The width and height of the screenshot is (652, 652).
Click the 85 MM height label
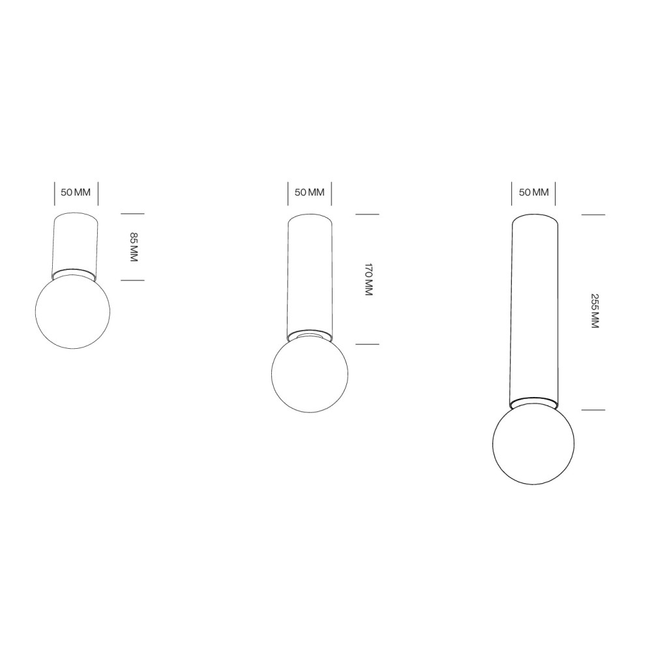134,247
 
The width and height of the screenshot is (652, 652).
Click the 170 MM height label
368,279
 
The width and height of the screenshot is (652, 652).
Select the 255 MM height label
595,311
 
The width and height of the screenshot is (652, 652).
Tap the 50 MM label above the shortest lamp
76,192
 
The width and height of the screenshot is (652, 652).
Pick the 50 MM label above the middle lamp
309,192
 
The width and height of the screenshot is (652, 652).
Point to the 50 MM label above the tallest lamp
534,192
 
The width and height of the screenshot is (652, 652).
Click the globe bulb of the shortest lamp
73,312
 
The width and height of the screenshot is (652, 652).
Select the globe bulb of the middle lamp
310,374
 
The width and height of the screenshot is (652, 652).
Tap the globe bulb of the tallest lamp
533,443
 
